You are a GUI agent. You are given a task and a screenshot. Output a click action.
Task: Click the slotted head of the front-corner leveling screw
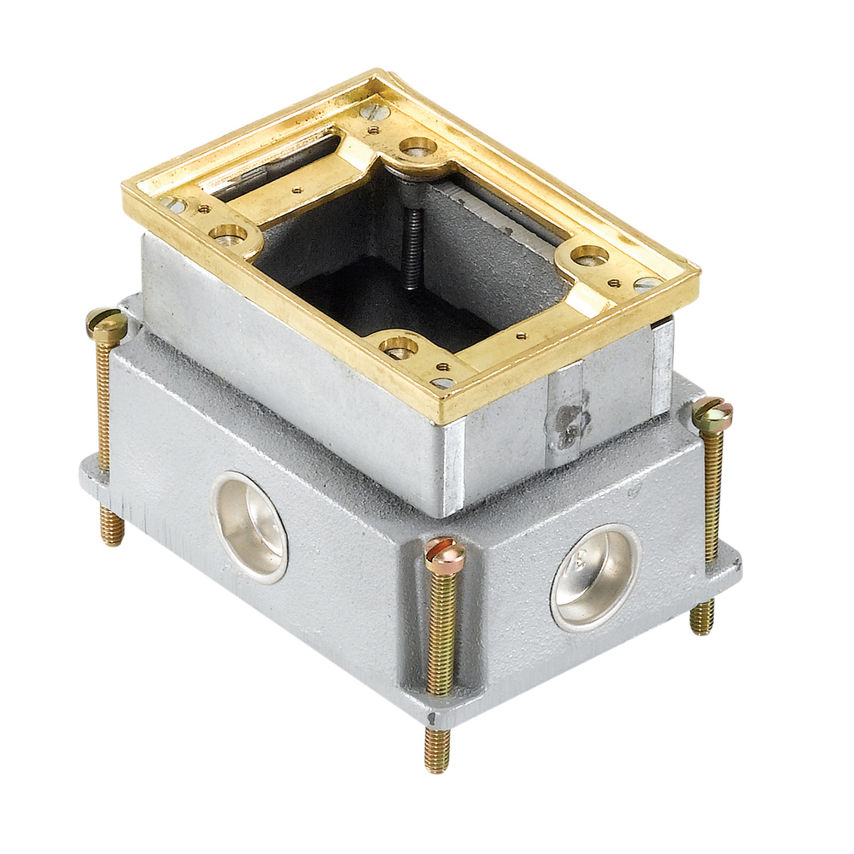pos(445,556)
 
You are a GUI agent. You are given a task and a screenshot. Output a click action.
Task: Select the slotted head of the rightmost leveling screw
pos(712,414)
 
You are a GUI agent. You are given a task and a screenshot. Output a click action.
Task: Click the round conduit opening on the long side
pos(250,527)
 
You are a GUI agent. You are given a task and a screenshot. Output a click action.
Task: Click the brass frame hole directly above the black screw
pos(418,147)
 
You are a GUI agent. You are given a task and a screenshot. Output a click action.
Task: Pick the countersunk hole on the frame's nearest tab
pos(398,346)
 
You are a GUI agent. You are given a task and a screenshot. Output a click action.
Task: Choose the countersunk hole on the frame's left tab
pos(228,233)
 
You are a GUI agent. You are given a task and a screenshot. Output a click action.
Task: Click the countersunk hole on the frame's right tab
pos(589,254)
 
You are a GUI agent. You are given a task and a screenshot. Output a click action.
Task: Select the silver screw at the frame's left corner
pos(175,205)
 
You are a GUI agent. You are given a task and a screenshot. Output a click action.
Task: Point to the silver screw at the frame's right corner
pos(646,284)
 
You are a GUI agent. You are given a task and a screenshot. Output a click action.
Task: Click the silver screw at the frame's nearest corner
pos(442,382)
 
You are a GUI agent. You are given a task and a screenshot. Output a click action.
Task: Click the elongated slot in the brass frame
pos(282,162)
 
